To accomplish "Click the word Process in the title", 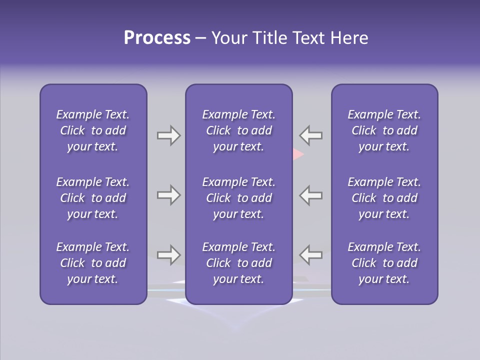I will click(157, 38).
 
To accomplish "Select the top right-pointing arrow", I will click(168, 135).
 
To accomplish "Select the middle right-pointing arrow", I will click(168, 195).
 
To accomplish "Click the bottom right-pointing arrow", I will click(168, 254).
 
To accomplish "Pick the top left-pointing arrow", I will click(311, 135).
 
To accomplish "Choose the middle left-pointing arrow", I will click(311, 195).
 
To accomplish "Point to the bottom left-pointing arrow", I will click(311, 254).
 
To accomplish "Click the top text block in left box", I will click(93, 130).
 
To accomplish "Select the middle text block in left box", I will click(93, 198).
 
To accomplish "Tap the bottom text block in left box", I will click(93, 263).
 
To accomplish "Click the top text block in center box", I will click(238, 130).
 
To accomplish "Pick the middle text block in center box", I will click(238, 198).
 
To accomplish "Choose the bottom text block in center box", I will click(238, 263).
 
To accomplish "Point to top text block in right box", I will click(384, 130).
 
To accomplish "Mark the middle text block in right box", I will click(384, 198).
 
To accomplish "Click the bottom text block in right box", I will click(384, 263).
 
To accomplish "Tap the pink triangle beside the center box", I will click(298, 154).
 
